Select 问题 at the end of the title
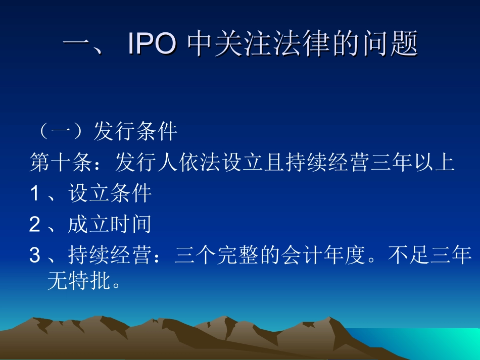[393, 44]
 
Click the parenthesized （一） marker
[60, 132]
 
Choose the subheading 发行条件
[135, 132]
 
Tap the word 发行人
[147, 163]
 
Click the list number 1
[34, 194]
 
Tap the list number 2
[34, 225]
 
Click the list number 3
[34, 256]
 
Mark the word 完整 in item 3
[259, 256]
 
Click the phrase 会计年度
[333, 256]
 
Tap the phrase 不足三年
[430, 256]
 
